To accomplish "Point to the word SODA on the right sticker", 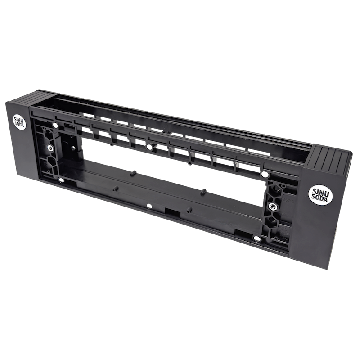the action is click(x=319, y=198).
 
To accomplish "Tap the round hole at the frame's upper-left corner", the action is click(x=55, y=126).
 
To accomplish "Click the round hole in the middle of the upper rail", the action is click(x=149, y=147).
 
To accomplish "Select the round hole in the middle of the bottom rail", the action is click(x=149, y=206).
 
